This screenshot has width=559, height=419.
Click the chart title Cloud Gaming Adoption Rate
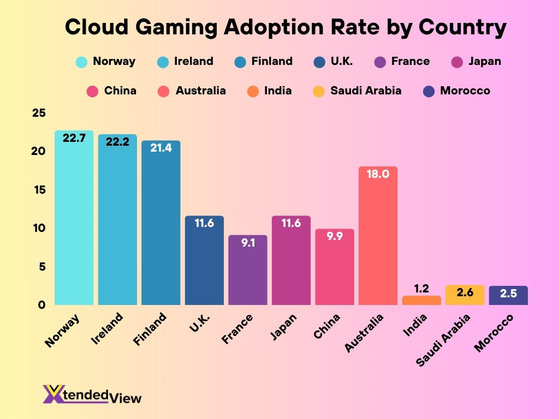pos(286,27)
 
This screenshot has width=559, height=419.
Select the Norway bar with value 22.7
pos(74,218)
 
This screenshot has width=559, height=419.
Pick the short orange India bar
pos(421,300)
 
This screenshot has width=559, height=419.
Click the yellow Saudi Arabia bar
pos(465,295)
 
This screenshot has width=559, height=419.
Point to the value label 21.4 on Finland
pos(161,147)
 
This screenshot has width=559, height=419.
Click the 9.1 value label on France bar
pos(247,243)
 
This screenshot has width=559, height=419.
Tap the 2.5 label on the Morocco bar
pos(508,293)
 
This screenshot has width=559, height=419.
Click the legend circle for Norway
pos(82,62)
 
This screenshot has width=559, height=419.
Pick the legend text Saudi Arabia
pos(365,91)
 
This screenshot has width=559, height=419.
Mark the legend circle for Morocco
pos(430,91)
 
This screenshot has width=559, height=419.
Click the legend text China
pos(120,91)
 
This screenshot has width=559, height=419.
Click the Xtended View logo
pos(92,394)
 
